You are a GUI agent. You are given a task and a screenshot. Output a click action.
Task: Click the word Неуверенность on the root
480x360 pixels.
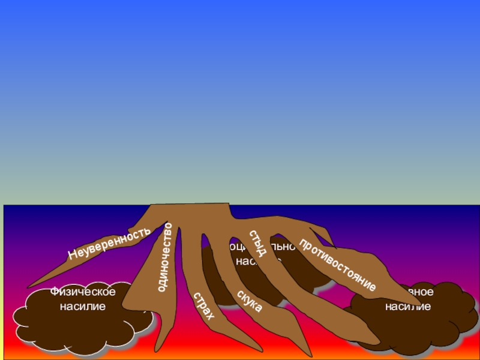[x=109, y=243]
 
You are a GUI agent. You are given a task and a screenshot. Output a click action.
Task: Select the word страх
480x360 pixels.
[x=203, y=306]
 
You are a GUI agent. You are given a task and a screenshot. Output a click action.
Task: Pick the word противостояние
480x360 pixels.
[x=338, y=265]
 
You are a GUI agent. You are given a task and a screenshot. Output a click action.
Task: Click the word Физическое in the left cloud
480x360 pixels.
[x=83, y=292]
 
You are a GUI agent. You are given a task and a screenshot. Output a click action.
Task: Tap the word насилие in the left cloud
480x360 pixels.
[x=83, y=307]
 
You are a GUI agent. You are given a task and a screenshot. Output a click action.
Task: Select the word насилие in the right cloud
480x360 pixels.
[x=408, y=307]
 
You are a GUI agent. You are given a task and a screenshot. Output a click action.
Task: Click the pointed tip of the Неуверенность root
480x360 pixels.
[x=29, y=287]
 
